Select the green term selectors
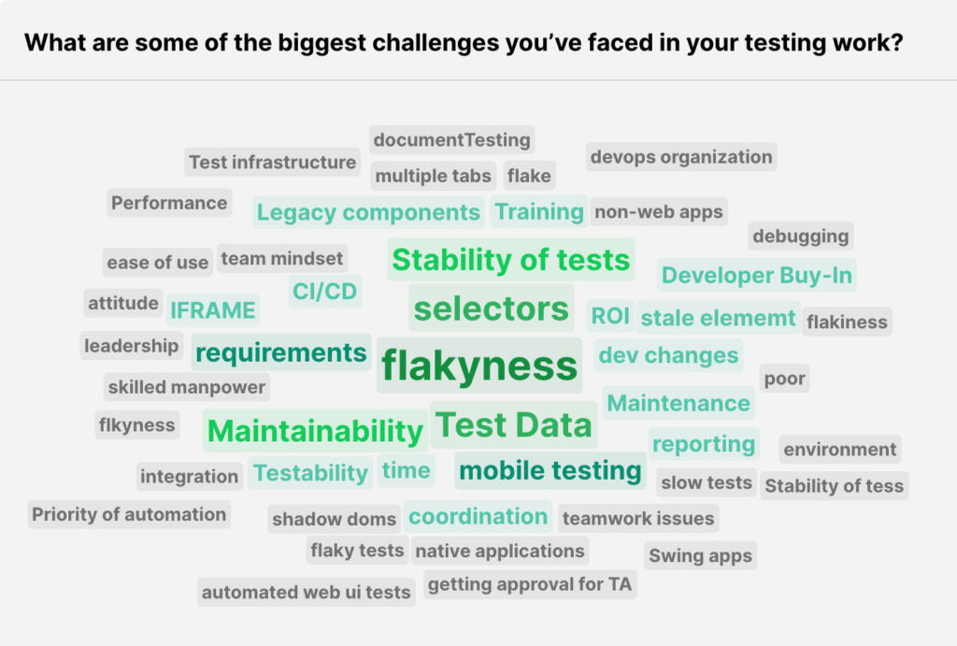491,309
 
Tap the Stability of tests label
510,260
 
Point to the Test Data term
514,425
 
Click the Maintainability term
315,431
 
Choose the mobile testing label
550,470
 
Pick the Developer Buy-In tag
756,276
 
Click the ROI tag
610,317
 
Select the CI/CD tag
324,292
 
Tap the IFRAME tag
212,310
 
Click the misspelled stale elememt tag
718,318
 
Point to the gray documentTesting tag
451,140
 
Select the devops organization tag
681,157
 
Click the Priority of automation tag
129,514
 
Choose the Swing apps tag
700,555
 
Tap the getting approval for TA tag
530,585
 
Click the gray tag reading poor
784,379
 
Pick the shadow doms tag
335,519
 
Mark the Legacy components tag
368,212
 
